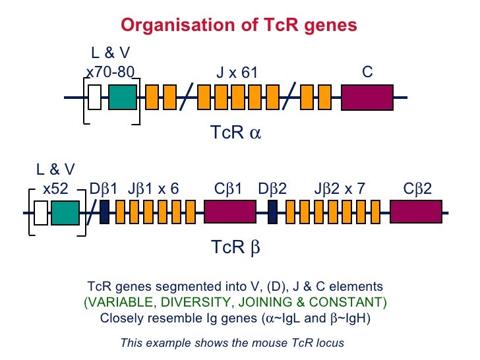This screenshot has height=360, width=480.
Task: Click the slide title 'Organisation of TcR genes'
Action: pyautogui.click(x=239, y=26)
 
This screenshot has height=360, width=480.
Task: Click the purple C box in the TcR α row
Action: pyautogui.click(x=367, y=97)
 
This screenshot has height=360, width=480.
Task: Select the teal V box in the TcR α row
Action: pyautogui.click(x=123, y=97)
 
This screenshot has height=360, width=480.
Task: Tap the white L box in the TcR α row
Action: pyautogui.click(x=94, y=97)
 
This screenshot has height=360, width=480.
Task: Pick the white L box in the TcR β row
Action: pyautogui.click(x=41, y=213)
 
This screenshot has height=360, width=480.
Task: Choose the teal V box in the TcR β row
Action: pyautogui.click(x=65, y=213)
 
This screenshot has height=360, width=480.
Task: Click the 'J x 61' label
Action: pyautogui.click(x=237, y=73)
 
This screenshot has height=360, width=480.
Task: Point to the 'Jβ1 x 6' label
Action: pyautogui.click(x=153, y=189)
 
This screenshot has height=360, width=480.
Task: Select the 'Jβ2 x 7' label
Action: pyautogui.click(x=340, y=189)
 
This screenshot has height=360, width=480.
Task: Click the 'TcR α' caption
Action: pyautogui.click(x=235, y=133)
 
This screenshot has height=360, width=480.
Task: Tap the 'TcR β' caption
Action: pyautogui.click(x=235, y=247)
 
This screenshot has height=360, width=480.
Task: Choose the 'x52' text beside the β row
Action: pyautogui.click(x=55, y=189)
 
